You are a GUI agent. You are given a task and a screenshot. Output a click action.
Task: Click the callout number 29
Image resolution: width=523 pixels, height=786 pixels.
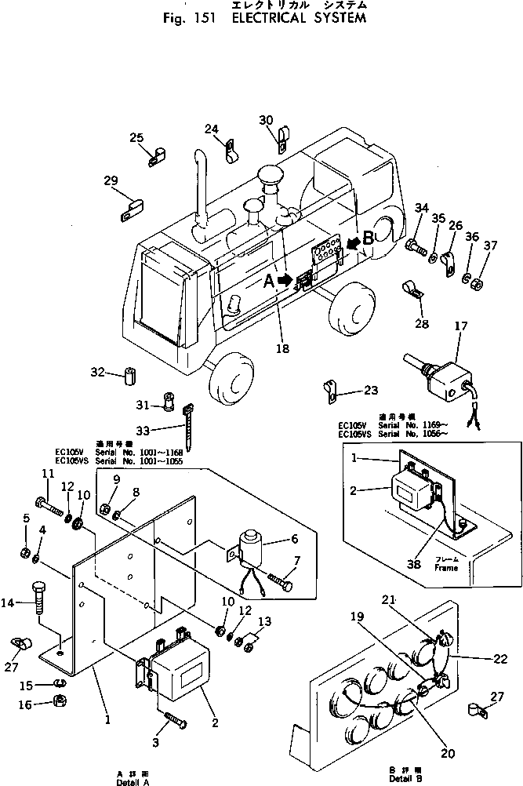[110, 181]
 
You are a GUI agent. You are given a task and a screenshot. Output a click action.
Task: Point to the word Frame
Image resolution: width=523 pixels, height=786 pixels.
[446, 567]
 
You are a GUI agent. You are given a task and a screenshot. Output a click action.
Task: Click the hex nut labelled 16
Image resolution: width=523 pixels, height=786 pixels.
[58, 700]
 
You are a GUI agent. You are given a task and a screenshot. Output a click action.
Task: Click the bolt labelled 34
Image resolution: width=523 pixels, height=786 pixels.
[416, 249]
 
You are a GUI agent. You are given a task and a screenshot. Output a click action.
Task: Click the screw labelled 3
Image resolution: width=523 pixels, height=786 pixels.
[173, 719]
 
